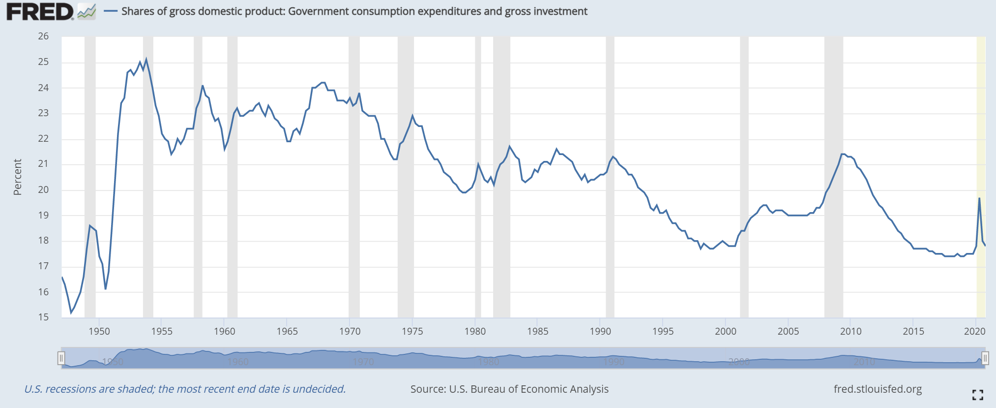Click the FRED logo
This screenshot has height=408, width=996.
(40, 12)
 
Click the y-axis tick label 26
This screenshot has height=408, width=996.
(43, 36)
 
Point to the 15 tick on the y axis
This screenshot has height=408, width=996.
(43, 317)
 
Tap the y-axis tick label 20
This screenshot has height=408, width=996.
(43, 189)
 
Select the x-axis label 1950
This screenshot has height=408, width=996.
(99, 331)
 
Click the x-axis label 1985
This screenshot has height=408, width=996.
(537, 331)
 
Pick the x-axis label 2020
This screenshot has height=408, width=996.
(974, 331)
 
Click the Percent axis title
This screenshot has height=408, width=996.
(18, 177)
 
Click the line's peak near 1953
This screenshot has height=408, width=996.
(146, 60)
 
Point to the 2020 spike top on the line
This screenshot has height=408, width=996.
(979, 198)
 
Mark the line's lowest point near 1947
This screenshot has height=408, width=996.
(71, 313)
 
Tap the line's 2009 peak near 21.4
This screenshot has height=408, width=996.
(842, 154)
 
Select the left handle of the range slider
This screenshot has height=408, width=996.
(61, 358)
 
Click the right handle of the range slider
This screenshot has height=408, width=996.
(985, 358)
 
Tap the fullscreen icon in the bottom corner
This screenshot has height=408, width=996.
(977, 394)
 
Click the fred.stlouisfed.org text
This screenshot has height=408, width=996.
(878, 389)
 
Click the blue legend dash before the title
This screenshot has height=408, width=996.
(111, 11)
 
